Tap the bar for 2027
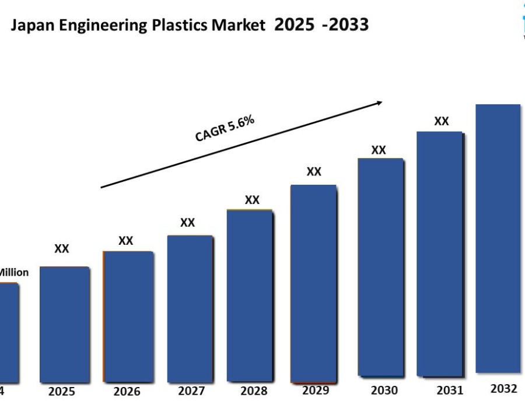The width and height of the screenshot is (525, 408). [x=190, y=308]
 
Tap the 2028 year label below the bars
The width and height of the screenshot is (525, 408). [x=254, y=391]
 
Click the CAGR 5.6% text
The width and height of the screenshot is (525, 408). [x=225, y=129]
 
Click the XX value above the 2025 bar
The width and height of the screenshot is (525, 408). [x=62, y=249]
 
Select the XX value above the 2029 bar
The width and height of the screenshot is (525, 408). [x=314, y=171]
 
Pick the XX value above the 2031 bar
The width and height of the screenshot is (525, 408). [x=442, y=121]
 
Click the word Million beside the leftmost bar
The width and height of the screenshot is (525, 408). [x=13, y=272]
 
